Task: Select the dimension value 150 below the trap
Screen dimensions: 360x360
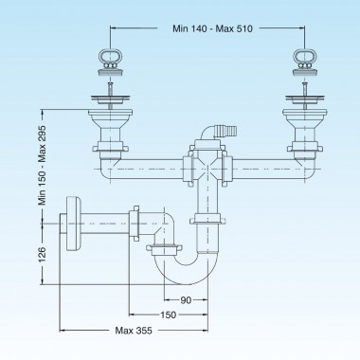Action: tap(167, 315)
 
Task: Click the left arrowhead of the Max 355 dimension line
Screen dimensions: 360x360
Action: tap(63, 330)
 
